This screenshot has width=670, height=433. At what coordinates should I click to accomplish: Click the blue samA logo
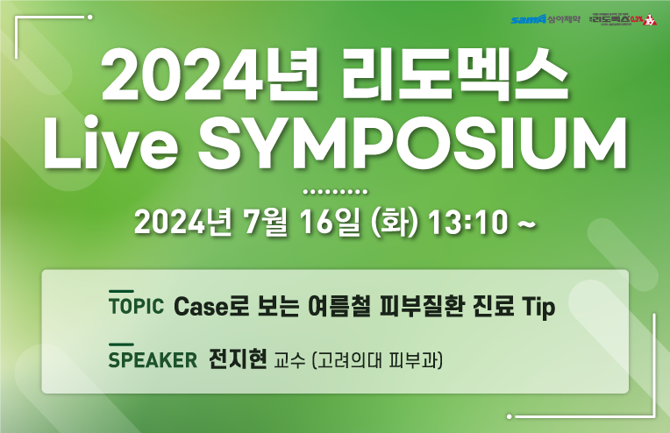(529, 18)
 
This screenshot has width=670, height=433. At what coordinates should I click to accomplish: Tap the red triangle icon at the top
(649, 19)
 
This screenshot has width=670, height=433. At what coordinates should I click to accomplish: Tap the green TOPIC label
(136, 307)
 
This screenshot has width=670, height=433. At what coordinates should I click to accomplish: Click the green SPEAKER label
(151, 360)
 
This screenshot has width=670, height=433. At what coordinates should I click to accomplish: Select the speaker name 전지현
(237, 359)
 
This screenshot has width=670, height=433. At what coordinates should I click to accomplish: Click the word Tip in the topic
(538, 308)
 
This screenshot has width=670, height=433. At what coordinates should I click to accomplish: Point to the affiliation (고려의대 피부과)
(375, 360)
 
